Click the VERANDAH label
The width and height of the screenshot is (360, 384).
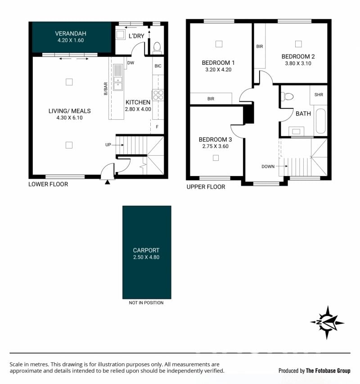[x=71, y=34]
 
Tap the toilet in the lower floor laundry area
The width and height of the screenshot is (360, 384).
[x=157, y=48]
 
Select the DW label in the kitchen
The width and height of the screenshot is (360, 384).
[x=130, y=63]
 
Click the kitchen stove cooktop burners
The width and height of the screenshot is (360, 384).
[x=158, y=95]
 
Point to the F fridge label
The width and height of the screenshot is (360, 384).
[x=157, y=127]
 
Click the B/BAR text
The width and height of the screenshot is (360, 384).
[x=105, y=89]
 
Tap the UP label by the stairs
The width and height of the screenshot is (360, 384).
[x=108, y=145]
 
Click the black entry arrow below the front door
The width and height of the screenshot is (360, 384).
[x=108, y=182]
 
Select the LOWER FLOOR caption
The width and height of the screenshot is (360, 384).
[x=48, y=184]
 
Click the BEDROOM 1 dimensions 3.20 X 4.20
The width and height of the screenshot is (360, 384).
[x=218, y=69]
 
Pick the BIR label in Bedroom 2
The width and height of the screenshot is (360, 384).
[x=260, y=46]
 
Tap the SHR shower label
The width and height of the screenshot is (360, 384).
[x=319, y=95]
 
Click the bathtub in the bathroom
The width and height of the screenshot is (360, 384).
[x=320, y=121]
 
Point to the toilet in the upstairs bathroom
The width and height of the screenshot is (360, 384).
[x=287, y=96]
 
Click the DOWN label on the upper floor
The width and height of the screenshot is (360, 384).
[x=268, y=167]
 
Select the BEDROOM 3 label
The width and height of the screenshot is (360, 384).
[x=215, y=140]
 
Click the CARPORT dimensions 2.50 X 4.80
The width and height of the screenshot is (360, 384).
[x=146, y=257]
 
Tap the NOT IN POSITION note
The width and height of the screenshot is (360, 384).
[x=146, y=303]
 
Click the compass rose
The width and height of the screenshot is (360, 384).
[x=327, y=322]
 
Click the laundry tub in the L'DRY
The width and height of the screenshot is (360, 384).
[x=121, y=35]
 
